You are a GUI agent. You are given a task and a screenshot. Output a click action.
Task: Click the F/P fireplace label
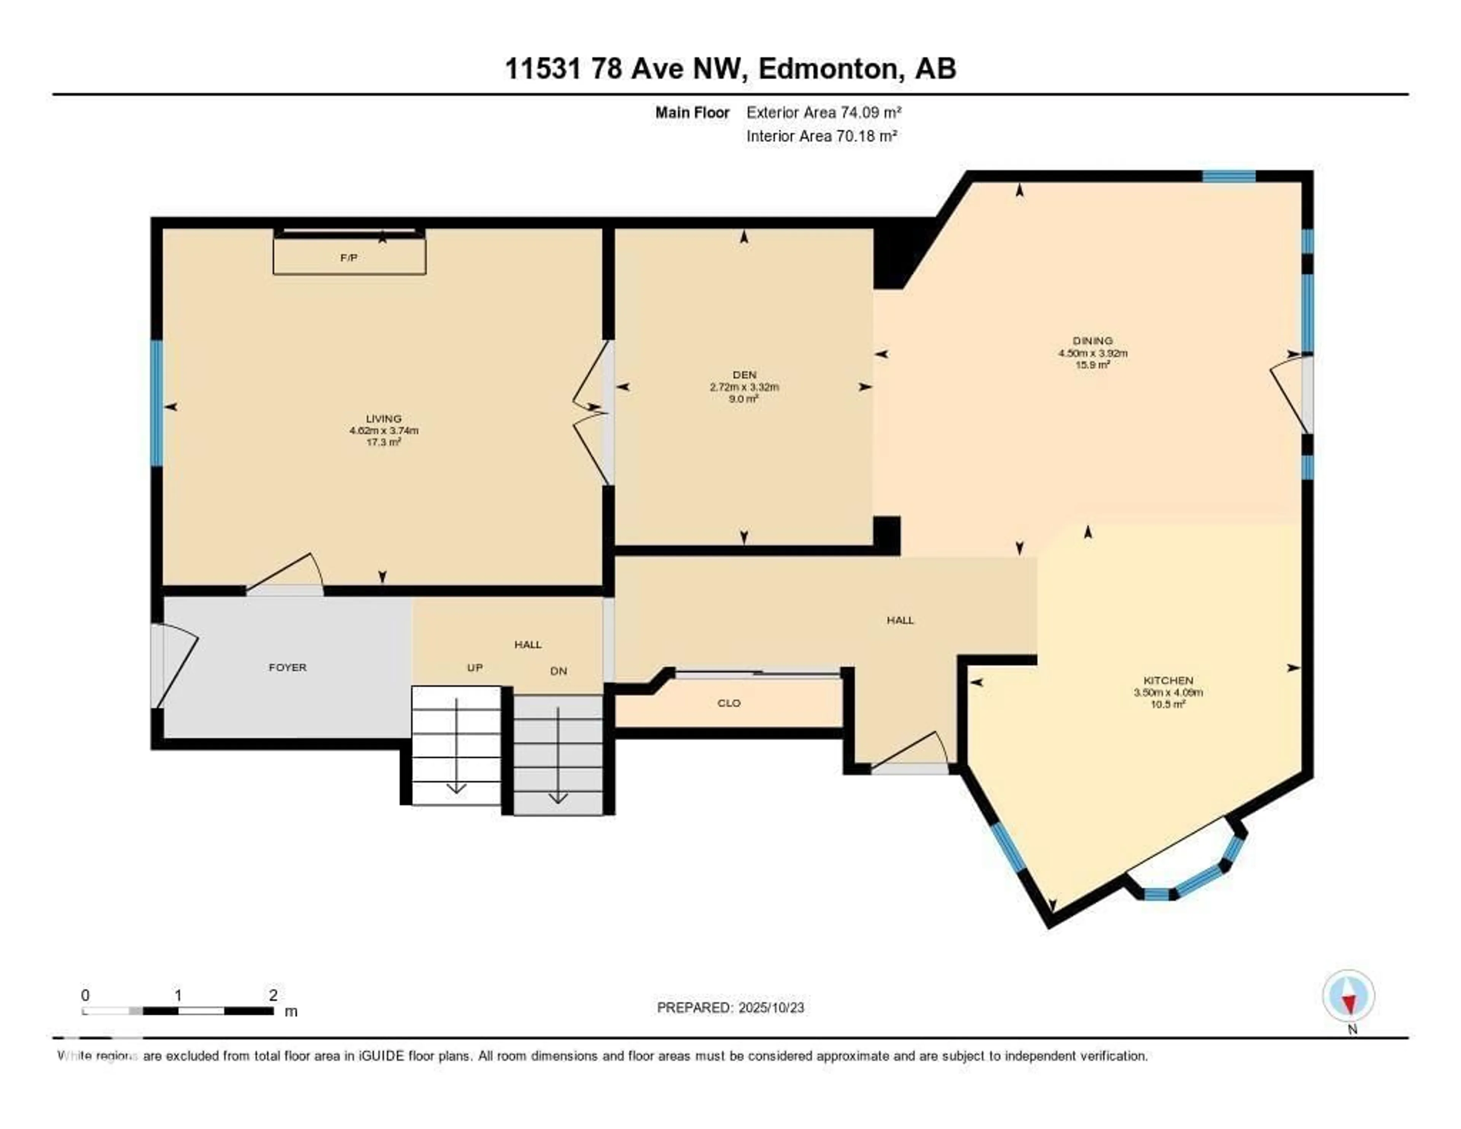[349, 258]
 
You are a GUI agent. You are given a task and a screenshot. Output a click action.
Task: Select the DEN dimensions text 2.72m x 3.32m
[744, 387]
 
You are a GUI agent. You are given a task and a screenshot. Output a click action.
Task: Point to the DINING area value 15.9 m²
[1092, 365]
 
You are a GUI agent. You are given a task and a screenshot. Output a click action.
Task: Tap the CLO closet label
[729, 703]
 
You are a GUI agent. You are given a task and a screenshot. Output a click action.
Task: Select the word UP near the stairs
[474, 667]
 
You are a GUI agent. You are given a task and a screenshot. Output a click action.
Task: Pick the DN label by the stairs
[559, 671]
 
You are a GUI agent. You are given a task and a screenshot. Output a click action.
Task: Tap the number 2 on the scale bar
[273, 995]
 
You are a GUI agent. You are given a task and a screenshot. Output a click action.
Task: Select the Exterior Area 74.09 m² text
[823, 112]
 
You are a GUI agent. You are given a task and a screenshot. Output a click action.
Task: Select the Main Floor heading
[692, 112]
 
